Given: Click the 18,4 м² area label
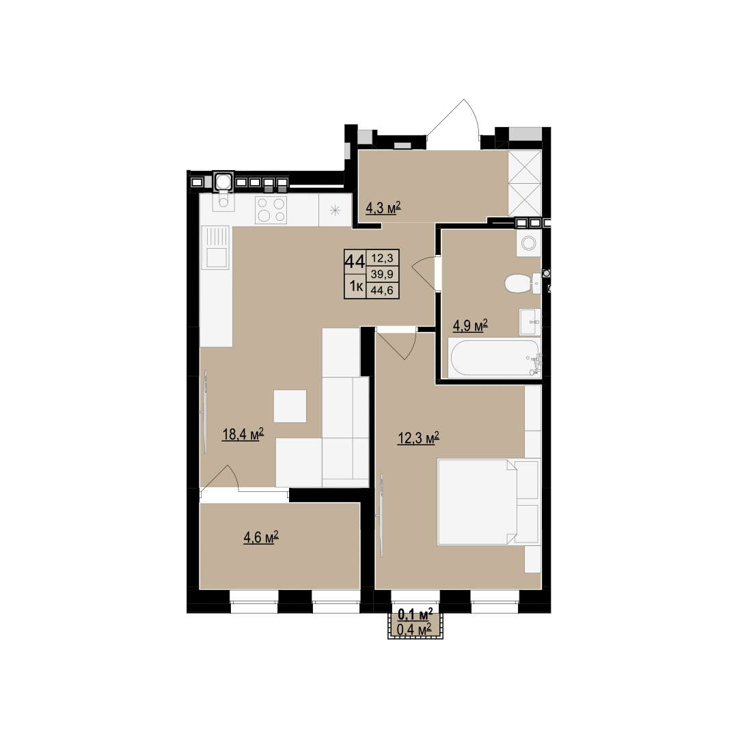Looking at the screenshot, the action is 243,433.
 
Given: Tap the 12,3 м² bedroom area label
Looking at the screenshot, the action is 418,438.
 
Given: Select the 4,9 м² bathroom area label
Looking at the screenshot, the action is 470,325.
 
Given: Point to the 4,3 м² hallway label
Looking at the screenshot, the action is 383,208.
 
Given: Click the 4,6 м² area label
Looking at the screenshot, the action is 261,537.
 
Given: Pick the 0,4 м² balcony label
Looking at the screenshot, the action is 415,629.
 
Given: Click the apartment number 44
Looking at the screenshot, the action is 355,261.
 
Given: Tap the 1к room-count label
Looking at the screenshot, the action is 356,286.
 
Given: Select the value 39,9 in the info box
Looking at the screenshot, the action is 382,274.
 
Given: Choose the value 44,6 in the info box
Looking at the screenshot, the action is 382,290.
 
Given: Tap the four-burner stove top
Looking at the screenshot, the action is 271,210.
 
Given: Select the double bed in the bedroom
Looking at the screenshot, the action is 477,502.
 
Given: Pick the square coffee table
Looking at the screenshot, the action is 290,406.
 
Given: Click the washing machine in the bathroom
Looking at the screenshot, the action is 528,243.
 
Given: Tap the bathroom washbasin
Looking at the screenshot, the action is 530,322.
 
